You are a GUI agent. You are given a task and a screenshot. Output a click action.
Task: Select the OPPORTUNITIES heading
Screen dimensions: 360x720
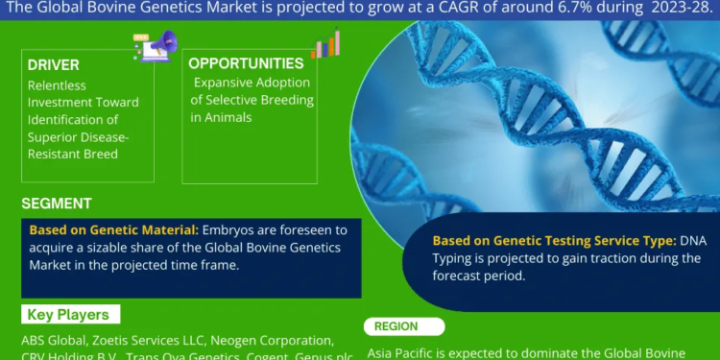pos(245,63)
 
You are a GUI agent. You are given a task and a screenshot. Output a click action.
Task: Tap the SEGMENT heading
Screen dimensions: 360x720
pos(57,204)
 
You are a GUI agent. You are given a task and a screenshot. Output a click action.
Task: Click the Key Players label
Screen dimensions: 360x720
pos(66,315)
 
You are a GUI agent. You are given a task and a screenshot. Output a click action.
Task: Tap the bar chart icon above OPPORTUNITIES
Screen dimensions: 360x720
pos(326,44)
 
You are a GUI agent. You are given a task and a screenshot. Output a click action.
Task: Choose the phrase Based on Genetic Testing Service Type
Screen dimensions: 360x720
pos(554,240)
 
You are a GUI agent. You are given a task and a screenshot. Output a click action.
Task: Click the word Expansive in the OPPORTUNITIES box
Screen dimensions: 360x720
pos(226,83)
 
